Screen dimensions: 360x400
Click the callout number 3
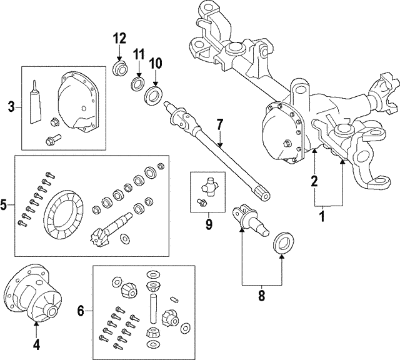tap(11, 107)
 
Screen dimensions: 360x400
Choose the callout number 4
tap(36, 343)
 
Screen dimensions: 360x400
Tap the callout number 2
tap(314, 182)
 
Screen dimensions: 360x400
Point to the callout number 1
tap(322, 217)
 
